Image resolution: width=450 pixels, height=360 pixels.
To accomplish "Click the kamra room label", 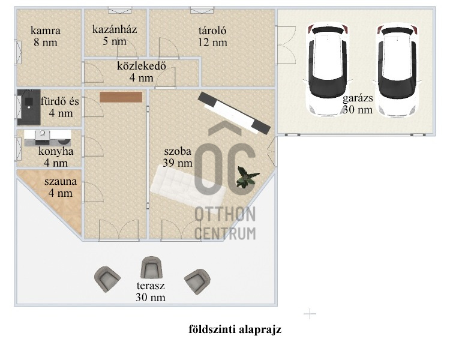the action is [46, 31].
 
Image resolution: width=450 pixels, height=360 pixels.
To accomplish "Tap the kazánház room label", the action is [115, 29].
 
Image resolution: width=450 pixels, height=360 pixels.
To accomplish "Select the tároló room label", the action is [212, 31].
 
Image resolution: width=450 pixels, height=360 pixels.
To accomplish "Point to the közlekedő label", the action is [142, 66].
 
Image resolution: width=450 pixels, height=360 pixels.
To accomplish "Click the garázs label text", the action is [358, 98].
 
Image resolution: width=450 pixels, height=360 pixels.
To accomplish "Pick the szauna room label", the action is [61, 181].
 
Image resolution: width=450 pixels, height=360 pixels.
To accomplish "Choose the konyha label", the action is [56, 151].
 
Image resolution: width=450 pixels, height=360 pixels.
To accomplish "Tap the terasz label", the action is [151, 286].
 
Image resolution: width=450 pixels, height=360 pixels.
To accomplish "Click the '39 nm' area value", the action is [178, 163].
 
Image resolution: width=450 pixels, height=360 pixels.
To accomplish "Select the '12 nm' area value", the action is [212, 43].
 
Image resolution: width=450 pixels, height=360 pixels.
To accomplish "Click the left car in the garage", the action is [327, 70].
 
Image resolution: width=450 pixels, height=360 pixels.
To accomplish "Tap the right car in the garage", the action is [397, 71].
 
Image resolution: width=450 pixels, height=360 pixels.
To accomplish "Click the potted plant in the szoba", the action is [247, 177].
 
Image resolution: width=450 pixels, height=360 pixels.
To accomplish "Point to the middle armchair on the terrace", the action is [151, 268].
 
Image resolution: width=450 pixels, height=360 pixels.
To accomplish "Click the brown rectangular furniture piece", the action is [121, 97].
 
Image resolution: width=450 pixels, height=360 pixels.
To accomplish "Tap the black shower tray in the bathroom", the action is [29, 107].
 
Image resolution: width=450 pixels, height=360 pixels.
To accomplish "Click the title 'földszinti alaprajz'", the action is [235, 329].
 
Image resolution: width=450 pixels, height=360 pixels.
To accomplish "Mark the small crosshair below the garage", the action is [310, 314].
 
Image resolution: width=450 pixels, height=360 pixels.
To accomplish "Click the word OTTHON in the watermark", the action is [225, 215].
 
